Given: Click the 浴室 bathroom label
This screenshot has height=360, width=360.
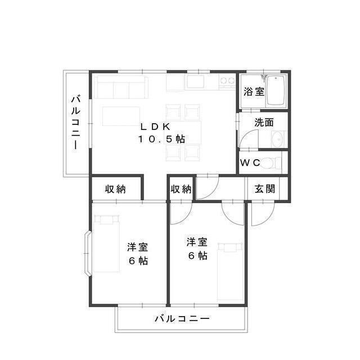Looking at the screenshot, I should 254,92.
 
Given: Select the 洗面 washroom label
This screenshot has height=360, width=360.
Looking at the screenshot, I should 264,121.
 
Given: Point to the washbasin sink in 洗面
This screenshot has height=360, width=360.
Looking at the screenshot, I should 277,139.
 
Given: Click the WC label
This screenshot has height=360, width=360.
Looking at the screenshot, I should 250,163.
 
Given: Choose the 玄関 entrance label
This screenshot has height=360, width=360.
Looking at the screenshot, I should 264,189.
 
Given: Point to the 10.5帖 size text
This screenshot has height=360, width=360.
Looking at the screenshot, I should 162,139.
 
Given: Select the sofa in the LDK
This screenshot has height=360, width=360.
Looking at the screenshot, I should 122,87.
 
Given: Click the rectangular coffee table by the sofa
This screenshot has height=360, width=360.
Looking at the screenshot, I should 121,116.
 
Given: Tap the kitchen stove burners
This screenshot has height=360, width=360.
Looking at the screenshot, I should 227,82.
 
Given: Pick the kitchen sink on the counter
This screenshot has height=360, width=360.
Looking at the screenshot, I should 196,82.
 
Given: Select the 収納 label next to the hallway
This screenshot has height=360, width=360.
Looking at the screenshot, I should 181,189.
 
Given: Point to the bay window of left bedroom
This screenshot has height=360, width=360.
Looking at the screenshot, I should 88,254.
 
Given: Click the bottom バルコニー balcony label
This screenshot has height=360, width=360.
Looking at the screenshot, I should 182,319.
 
